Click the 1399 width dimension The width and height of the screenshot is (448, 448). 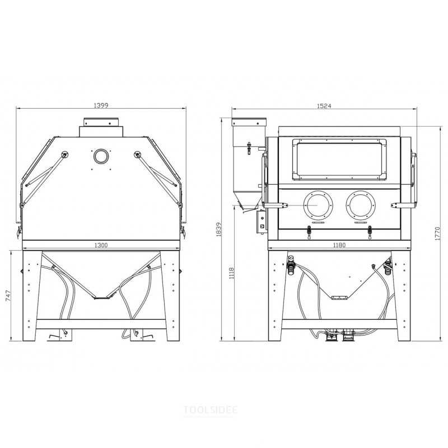101,104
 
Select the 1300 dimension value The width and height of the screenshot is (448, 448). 101,245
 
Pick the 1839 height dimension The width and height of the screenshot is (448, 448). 218,230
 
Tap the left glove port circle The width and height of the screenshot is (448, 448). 317,205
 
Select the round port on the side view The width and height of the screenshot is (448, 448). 101,156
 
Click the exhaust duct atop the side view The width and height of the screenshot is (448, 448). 101,126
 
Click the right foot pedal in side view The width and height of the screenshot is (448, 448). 138,335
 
